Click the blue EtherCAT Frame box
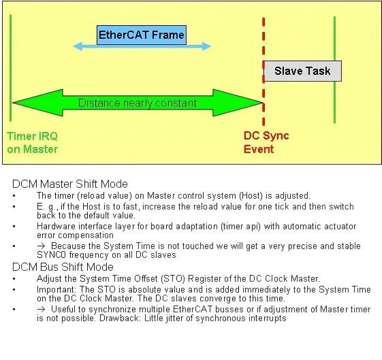click(x=142, y=35)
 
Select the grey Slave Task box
click(x=303, y=71)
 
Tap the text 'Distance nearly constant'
click(x=138, y=103)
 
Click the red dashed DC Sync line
click(x=264, y=71)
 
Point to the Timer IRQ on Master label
click(x=33, y=143)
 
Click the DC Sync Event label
click(x=266, y=142)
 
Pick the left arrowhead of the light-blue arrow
click(x=78, y=46)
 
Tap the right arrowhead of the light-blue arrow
click(x=206, y=46)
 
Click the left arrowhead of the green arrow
click(x=37, y=103)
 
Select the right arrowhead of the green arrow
click(x=238, y=103)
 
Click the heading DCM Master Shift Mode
click(x=70, y=184)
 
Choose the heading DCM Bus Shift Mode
click(x=63, y=267)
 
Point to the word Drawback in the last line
click(x=118, y=318)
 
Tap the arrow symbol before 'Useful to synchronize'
click(x=41, y=310)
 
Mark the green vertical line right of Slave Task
click(x=334, y=70)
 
